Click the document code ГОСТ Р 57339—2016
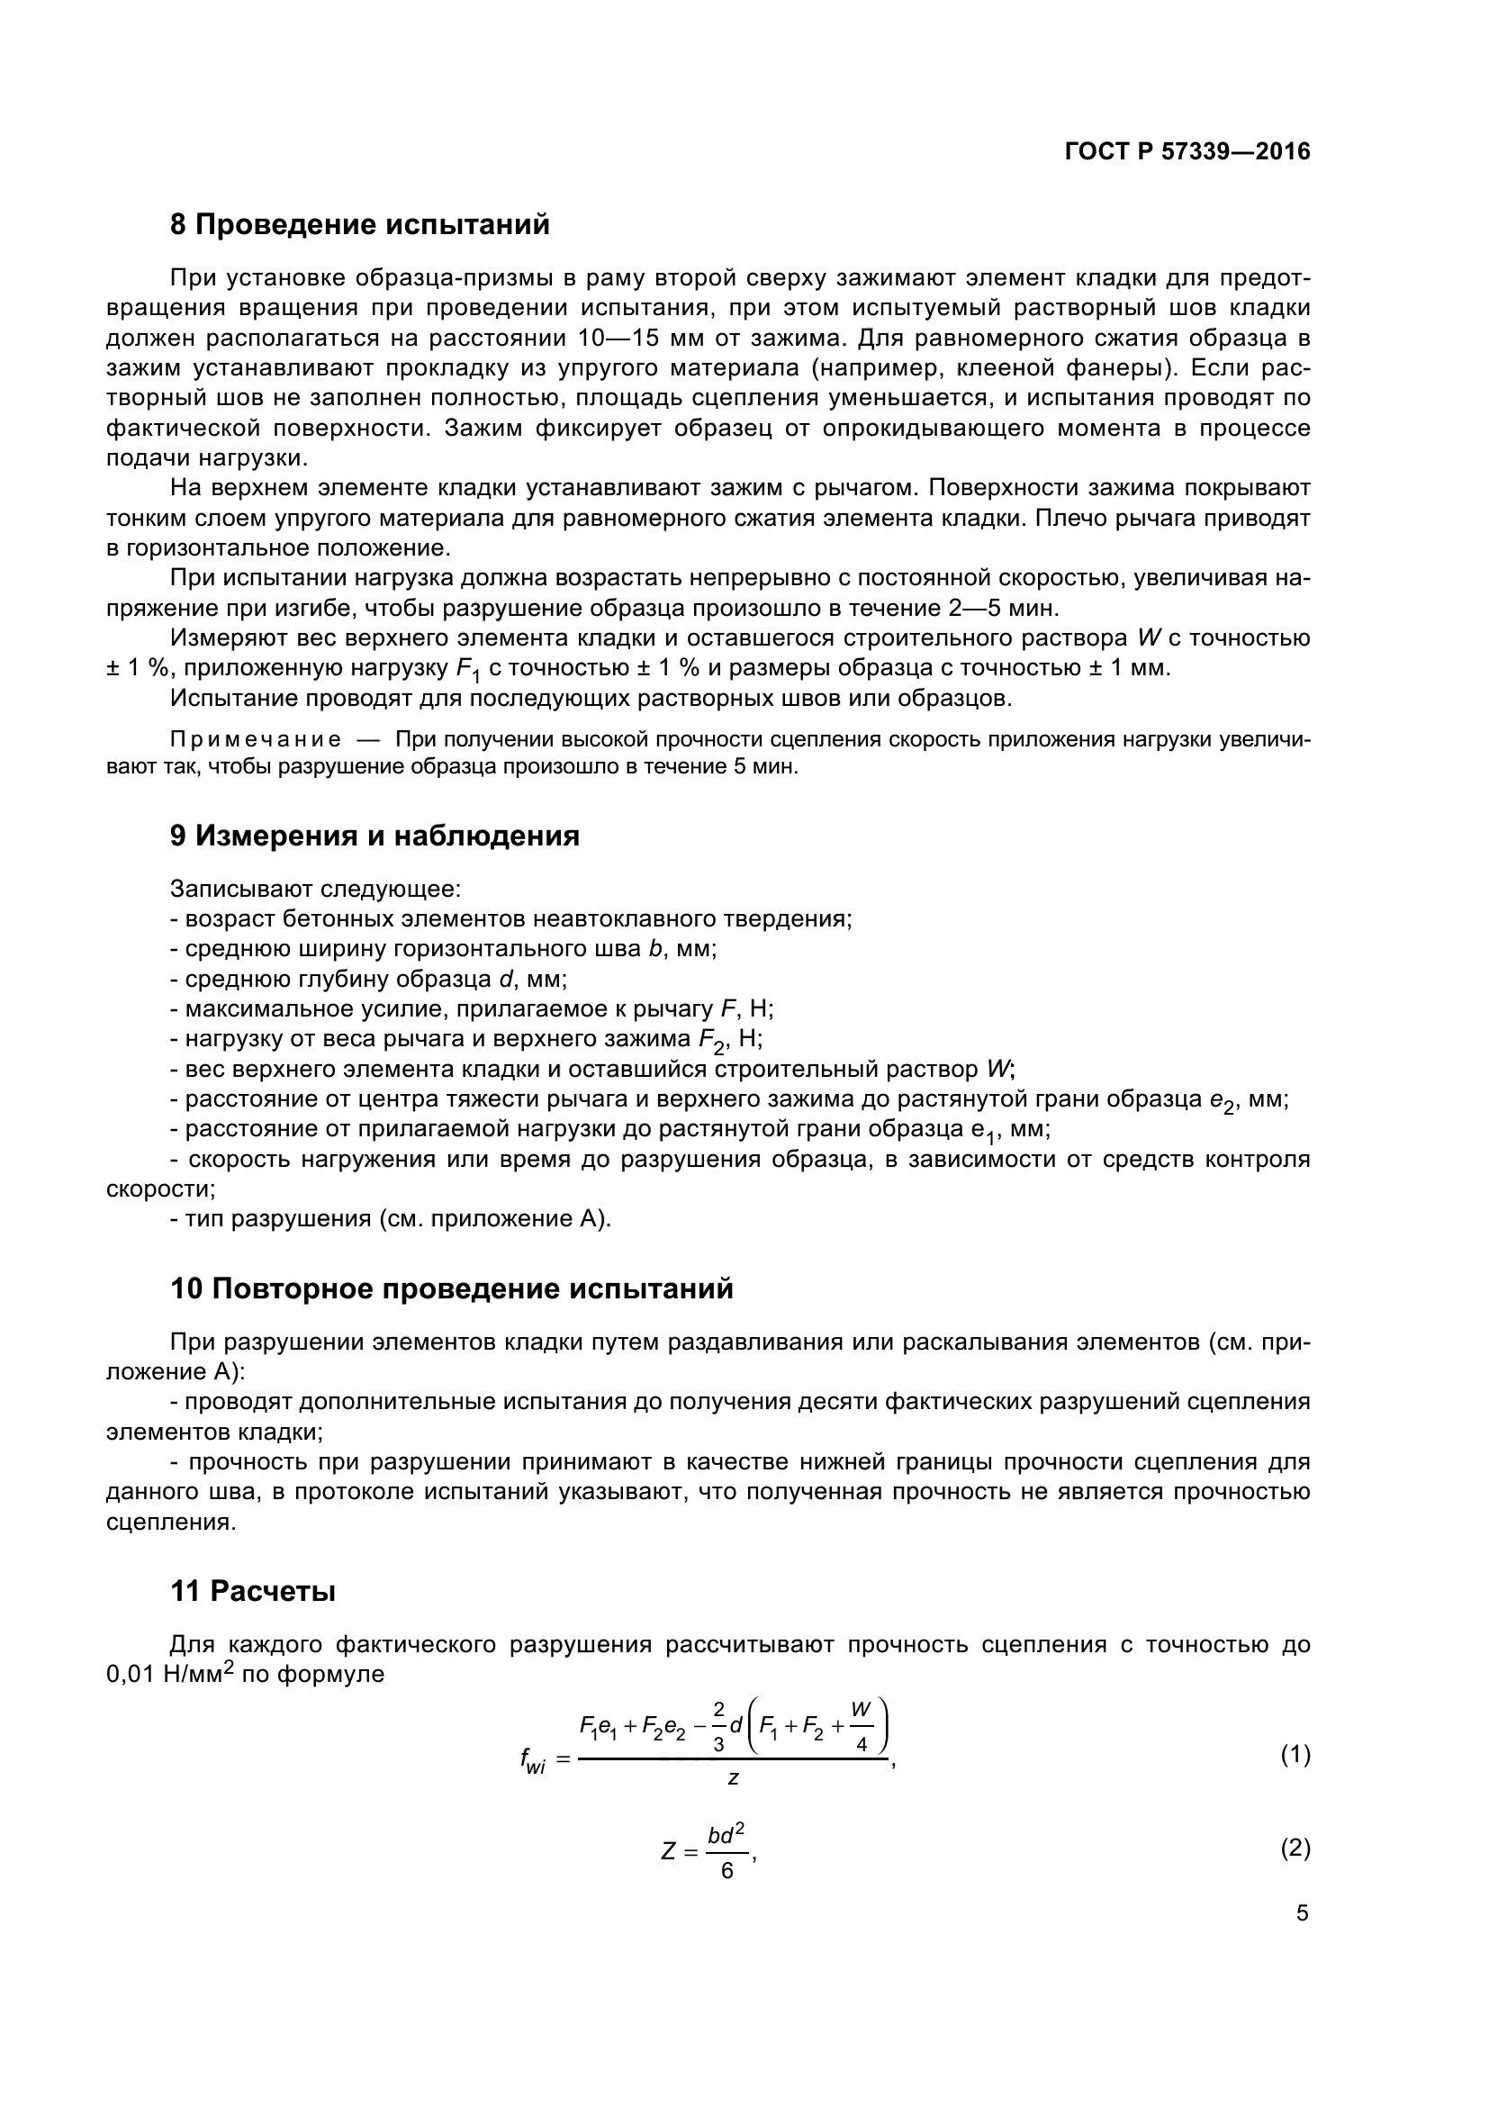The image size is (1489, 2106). tap(1187, 152)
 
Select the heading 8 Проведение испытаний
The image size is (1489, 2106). tap(359, 225)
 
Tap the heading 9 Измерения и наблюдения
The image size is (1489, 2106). tap(375, 836)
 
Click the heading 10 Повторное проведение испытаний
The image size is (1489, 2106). tap(451, 1288)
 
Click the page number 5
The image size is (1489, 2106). tap(1302, 1913)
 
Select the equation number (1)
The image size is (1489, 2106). tap(1295, 1755)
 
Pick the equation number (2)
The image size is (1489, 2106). tap(1295, 1848)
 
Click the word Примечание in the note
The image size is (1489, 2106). tap(255, 740)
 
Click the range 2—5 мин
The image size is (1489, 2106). tap(1000, 608)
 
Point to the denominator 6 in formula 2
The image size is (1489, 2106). tap(727, 1871)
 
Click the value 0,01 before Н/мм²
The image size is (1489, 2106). tap(131, 1675)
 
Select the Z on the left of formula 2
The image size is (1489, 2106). tap(668, 1851)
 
